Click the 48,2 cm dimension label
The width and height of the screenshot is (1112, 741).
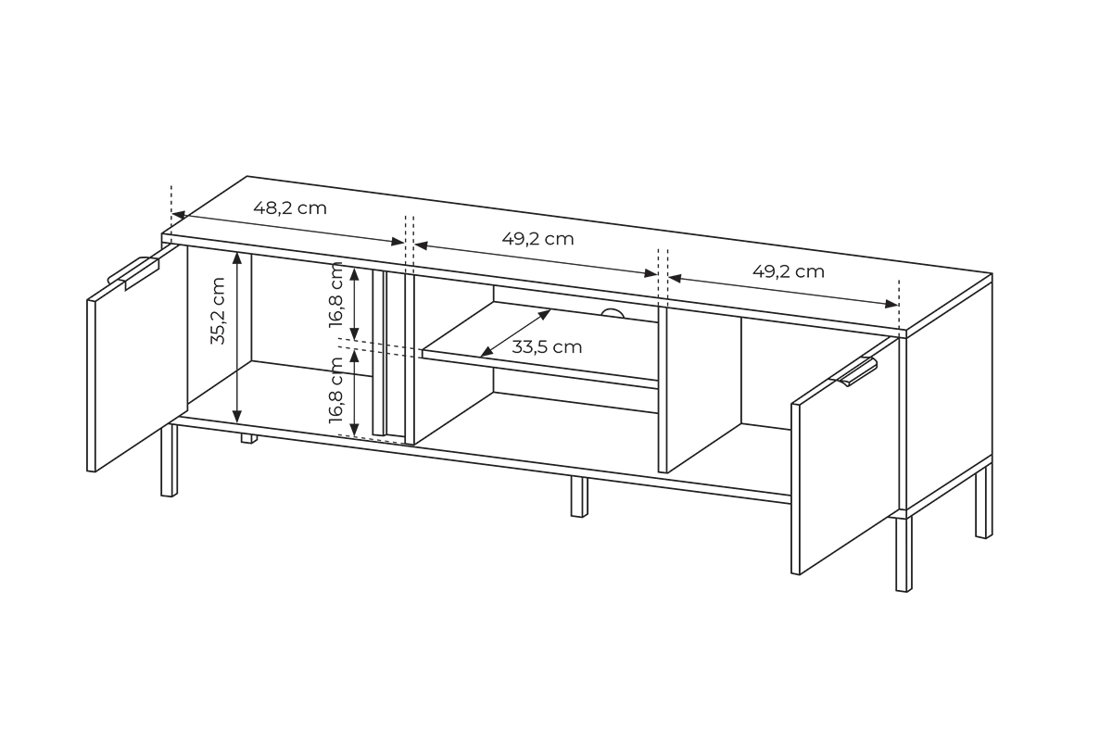290,208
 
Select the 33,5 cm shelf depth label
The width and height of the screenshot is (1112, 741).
547,347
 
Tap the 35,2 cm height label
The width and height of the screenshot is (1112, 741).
218,310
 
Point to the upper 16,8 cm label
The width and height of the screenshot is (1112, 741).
336,295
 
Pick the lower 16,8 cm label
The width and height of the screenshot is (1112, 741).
336,390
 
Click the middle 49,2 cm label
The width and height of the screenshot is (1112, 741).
537,239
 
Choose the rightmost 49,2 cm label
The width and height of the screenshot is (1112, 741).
789,272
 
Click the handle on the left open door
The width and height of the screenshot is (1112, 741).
133,272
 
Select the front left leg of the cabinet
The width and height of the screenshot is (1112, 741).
169,460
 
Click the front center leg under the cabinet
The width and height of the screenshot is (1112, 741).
579,496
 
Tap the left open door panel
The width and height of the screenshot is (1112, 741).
137,358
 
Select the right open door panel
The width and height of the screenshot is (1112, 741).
844,456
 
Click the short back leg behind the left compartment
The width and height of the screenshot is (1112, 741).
249,439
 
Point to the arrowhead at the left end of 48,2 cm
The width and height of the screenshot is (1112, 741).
178,215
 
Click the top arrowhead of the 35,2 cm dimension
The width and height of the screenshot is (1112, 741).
237,257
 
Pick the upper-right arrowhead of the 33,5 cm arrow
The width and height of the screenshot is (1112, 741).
544,314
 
